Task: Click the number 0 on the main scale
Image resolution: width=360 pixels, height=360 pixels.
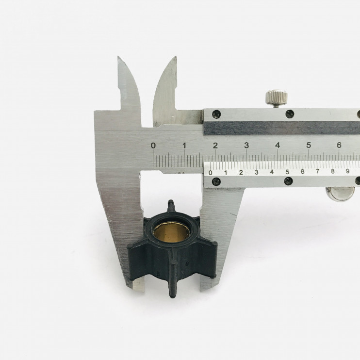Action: pos(153,146)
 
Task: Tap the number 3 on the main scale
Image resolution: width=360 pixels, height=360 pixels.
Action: pos(246,145)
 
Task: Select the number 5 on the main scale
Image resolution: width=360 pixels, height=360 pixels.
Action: pos(309,145)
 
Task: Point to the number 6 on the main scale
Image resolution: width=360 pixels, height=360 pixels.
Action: pos(339,145)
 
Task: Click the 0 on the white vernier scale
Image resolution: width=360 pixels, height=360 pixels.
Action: pos(211,173)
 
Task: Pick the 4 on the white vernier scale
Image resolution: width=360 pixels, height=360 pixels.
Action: pos(272,172)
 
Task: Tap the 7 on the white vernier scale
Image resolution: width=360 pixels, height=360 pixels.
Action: pos(317,171)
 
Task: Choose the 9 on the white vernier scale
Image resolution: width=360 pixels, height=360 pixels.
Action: pos(347,171)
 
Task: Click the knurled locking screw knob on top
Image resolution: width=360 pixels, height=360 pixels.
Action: pos(277,98)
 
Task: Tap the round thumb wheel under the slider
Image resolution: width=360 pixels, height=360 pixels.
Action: pos(340,194)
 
